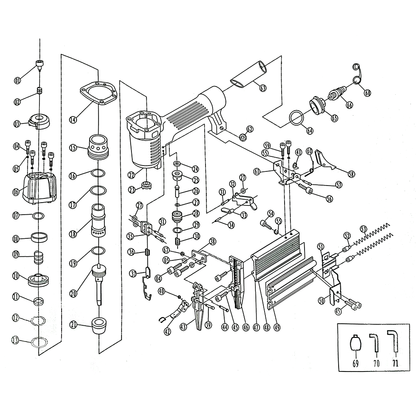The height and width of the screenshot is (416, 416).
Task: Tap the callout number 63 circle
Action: pyautogui.click(x=262, y=88)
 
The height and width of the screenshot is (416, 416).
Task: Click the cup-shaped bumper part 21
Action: pyautogui.click(x=99, y=327)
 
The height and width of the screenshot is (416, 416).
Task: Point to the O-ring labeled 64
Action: pyautogui.click(x=296, y=118)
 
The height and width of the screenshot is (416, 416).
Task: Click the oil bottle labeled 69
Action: pyautogui.click(x=355, y=344)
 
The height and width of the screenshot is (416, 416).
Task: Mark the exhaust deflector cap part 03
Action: pyautogui.click(x=40, y=120)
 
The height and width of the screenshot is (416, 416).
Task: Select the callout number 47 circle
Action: pyautogui.click(x=256, y=327)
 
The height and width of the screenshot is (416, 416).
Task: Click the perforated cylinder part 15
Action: pyautogui.click(x=99, y=146)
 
